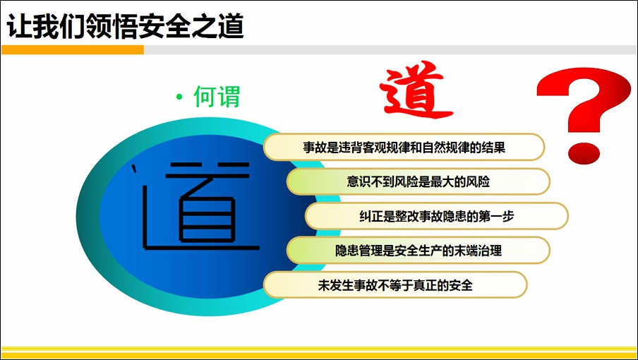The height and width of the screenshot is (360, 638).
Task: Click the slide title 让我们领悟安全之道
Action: pos(126,26)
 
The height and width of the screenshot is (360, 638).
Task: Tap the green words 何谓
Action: pos(217,97)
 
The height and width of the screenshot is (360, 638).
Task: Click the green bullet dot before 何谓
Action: pos(179,97)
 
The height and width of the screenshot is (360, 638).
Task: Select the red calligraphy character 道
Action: pos(415,90)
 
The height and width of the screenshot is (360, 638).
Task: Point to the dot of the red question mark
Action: pos(584,152)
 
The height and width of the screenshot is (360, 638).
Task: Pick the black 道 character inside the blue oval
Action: pos(196,205)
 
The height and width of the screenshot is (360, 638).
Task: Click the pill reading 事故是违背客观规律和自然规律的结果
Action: pos(404,147)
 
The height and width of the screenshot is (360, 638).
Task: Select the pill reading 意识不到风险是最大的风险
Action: pos(419,181)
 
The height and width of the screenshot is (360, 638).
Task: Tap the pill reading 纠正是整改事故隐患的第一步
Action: pos(437,216)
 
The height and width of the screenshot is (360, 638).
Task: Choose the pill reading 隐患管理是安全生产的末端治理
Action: pos(419,250)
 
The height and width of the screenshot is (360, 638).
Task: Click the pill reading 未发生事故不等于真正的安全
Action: pos(395,284)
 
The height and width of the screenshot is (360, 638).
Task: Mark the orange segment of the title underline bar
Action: pos(73,49)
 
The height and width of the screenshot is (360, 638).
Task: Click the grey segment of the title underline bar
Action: pos(390,49)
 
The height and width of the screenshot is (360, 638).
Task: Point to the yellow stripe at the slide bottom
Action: pos(319,352)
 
